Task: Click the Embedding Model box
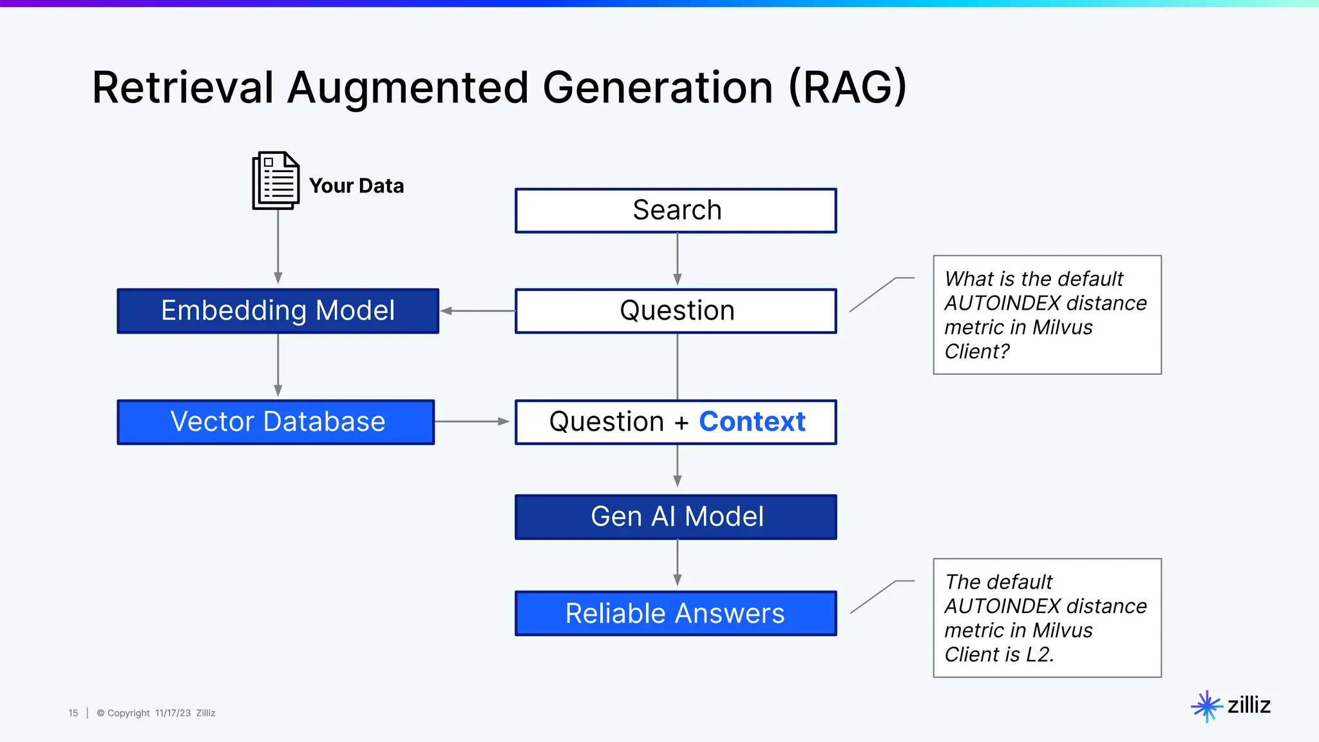pos(278,311)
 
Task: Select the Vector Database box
pos(276,422)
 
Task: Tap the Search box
pos(676,211)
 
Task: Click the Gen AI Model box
pos(676,517)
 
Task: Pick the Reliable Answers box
pos(676,613)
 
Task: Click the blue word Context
pos(752,422)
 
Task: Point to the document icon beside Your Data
pos(276,180)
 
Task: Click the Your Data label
pos(356,185)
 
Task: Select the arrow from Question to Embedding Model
pos(477,311)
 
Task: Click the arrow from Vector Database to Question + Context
pos(471,422)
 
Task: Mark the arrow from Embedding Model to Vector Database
pos(278,365)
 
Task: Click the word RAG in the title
pos(848,88)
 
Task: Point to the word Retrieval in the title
pos(183,88)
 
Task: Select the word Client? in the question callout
pos(976,352)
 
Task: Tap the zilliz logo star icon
pos(1206,706)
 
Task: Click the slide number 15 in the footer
pos(73,713)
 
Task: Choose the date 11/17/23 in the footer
pos(173,713)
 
